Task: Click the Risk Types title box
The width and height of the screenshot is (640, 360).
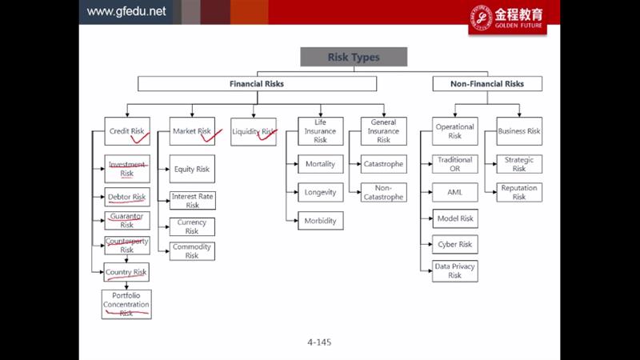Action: click(354, 57)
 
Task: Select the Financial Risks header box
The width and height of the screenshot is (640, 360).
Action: click(256, 83)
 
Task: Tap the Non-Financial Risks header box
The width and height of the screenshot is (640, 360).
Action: click(487, 83)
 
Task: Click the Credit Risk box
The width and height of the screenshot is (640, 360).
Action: click(126, 130)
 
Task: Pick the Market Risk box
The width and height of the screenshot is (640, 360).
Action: click(191, 130)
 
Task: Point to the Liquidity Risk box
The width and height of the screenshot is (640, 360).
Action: click(254, 131)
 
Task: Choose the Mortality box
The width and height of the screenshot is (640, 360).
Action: click(320, 164)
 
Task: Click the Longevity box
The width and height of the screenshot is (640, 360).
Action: click(320, 192)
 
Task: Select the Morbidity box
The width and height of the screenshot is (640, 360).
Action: click(320, 221)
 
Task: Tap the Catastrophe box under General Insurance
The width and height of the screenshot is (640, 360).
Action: click(383, 164)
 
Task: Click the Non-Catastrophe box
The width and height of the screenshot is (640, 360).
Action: click(383, 192)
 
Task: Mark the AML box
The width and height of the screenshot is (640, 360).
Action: click(454, 192)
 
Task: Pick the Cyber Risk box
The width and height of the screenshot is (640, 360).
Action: click(454, 244)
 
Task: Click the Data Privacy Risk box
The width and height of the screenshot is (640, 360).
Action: click(454, 270)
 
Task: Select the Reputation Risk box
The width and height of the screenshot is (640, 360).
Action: click(518, 192)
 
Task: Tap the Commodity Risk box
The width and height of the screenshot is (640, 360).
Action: click(192, 251)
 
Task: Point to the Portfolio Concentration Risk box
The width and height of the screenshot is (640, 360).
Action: click(126, 305)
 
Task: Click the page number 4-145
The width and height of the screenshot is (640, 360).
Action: click(318, 342)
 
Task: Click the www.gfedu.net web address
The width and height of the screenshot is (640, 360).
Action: click(126, 11)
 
